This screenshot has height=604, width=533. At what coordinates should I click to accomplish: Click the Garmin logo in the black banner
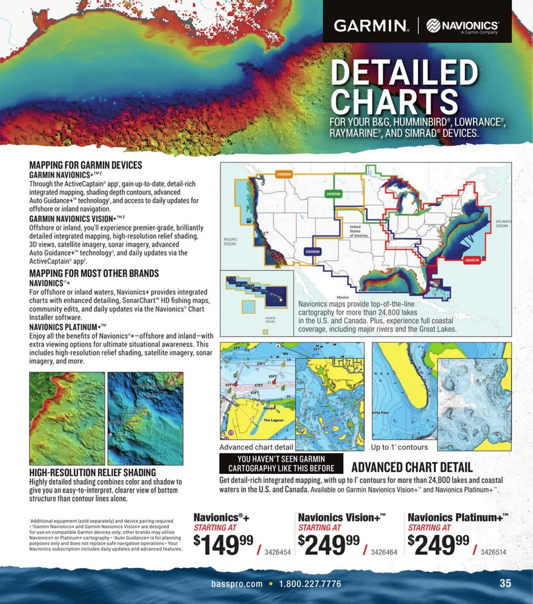(x=371, y=26)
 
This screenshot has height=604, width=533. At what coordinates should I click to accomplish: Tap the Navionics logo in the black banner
(x=463, y=26)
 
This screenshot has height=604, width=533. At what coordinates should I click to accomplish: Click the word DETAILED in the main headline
(x=404, y=72)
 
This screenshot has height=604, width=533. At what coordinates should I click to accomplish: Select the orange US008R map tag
(x=284, y=174)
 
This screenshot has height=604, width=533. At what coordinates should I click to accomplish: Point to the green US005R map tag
(x=333, y=194)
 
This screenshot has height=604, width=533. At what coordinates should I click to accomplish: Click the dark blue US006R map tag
(x=313, y=252)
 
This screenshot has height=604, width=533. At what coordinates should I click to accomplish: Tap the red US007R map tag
(x=472, y=260)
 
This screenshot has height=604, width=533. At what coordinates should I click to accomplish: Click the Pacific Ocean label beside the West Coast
(x=230, y=242)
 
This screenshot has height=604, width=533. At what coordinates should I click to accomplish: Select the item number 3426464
(x=384, y=552)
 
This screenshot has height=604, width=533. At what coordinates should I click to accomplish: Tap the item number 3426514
(x=493, y=552)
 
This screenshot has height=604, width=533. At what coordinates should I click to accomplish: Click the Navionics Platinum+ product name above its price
(x=458, y=517)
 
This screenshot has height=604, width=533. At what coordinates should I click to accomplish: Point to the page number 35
(x=505, y=583)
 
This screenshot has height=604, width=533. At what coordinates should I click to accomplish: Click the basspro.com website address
(x=237, y=584)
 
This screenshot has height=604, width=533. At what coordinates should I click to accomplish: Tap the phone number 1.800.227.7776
(x=310, y=584)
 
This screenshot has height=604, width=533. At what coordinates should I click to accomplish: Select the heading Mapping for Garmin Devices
(x=85, y=165)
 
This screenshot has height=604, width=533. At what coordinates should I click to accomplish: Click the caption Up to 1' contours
(x=399, y=447)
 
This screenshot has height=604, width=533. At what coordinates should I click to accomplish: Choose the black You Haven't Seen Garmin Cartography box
(x=281, y=464)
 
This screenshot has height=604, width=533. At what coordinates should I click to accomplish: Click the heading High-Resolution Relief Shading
(x=93, y=472)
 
